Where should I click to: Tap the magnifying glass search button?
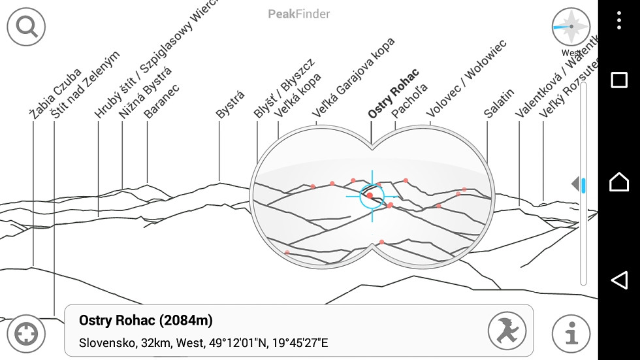click(x=26, y=27)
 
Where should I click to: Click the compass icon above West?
click(x=571, y=27)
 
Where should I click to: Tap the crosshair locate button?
click(x=26, y=334)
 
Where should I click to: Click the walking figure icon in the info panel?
click(x=507, y=331)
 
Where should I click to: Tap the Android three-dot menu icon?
click(x=619, y=20)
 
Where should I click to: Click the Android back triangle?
click(x=618, y=280)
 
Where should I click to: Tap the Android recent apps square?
click(x=618, y=80)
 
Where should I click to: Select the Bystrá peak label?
click(x=230, y=105)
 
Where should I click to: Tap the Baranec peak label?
click(x=161, y=101)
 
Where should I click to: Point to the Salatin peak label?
click(x=499, y=103)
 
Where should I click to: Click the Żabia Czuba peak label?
click(x=56, y=93)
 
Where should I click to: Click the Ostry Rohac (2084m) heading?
click(x=146, y=320)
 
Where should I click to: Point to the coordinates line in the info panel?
click(x=203, y=342)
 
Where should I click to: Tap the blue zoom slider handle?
click(x=584, y=186)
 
